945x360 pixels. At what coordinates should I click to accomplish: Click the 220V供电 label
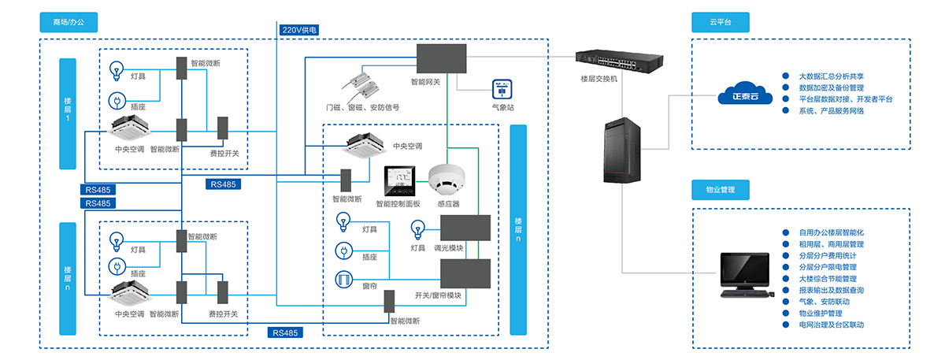click(x=300, y=30)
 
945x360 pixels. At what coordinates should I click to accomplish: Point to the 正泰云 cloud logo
click(x=739, y=92)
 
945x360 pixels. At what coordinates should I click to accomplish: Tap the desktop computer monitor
click(x=745, y=271)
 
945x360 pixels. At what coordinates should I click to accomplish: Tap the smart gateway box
click(x=441, y=58)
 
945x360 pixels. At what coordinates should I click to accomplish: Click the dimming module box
click(x=465, y=227)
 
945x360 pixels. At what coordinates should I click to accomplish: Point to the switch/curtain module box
click(x=465, y=273)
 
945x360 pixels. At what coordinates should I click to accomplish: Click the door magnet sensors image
click(x=363, y=83)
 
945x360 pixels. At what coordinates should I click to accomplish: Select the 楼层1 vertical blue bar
click(x=68, y=113)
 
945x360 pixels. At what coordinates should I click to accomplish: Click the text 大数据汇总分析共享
click(x=832, y=76)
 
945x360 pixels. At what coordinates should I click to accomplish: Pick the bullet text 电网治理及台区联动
click(x=831, y=325)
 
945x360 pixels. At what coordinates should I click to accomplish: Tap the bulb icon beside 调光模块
click(x=417, y=230)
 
